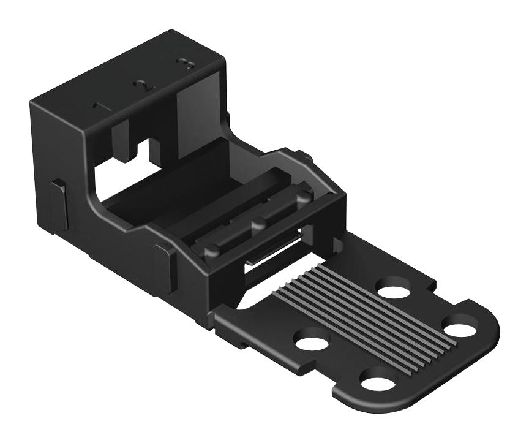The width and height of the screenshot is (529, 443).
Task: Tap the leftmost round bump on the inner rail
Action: [x=211, y=250]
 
